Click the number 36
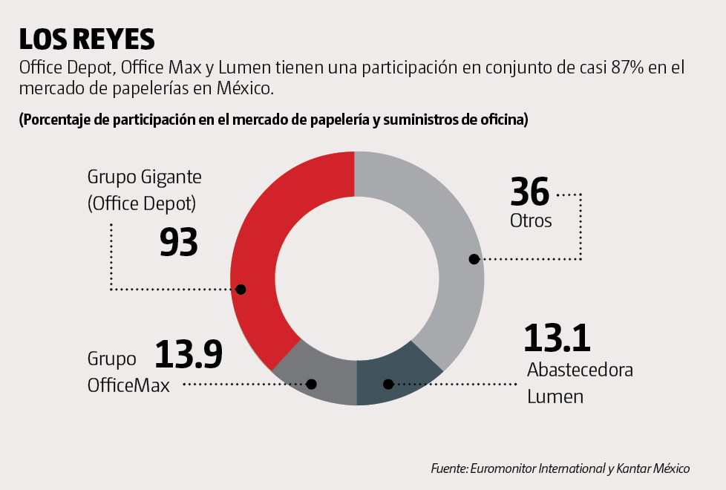tap(530, 192)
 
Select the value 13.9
tap(189, 354)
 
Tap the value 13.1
tap(557, 339)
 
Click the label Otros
tap(531, 220)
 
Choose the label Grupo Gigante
tap(145, 177)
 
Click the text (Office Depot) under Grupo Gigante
tap(145, 203)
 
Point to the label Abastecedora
tap(580, 370)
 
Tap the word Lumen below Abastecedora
tap(555, 396)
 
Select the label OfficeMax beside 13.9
tap(128, 386)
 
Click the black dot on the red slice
tap(240, 289)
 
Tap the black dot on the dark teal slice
tap(387, 384)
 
